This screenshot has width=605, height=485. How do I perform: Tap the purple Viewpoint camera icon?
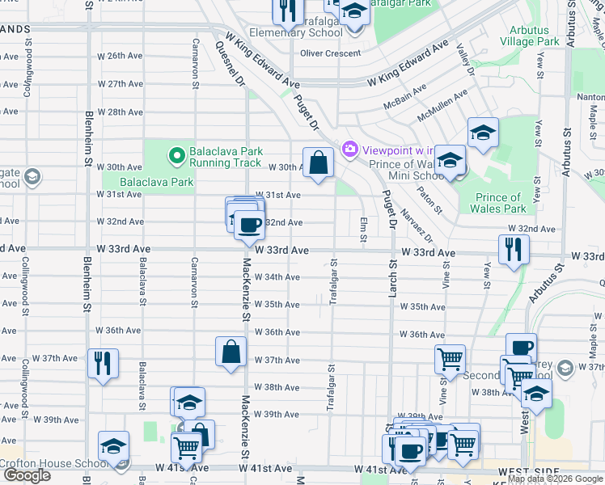pyautogui.click(x=350, y=149)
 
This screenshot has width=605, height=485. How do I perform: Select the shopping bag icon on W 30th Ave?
pyautogui.click(x=319, y=162)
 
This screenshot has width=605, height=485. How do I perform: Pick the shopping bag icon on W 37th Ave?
pyautogui.click(x=231, y=352)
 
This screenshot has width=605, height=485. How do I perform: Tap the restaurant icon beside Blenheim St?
pyautogui.click(x=103, y=363)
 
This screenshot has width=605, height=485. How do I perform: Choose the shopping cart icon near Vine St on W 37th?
pyautogui.click(x=450, y=358)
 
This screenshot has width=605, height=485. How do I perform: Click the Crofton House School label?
pyautogui.click(x=53, y=463)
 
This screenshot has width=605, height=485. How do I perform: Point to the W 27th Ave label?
pyautogui.click(x=120, y=84)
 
